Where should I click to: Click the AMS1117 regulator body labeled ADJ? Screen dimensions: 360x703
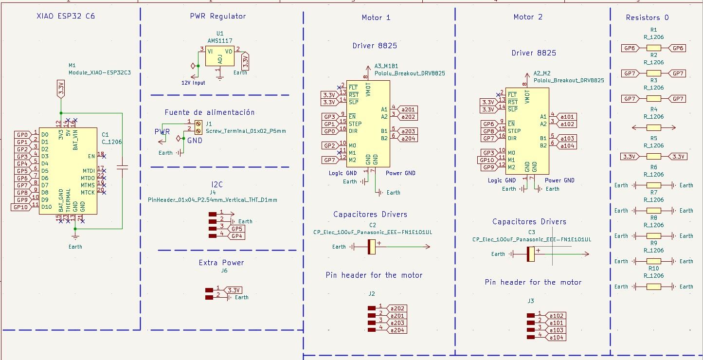pos(219,57)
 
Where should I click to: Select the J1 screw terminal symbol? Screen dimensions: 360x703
pos(198,127)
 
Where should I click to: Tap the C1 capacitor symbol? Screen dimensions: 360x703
pos(123,167)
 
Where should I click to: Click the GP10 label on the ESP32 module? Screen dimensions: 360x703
pos(20,207)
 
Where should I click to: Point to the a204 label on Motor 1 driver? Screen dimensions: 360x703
pos(409,139)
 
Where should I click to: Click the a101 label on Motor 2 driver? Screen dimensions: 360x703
pos(567,117)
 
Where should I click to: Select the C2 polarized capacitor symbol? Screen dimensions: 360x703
pos(372,247)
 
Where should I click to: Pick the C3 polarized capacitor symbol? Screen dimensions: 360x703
pos(531,254)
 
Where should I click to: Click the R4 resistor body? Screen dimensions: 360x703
pos(654,128)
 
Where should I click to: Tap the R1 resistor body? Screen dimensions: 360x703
pos(654,48)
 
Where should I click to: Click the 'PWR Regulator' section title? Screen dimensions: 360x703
pos(217,17)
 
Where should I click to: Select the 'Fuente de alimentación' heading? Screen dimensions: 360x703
pos(209,112)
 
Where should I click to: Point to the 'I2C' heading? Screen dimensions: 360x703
pos(217,184)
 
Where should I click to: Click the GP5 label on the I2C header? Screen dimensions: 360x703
pos(237,229)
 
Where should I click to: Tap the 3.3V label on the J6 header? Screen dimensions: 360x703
pos(234,290)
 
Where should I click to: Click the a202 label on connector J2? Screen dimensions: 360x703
pos(397,308)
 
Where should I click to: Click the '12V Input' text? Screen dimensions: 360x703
pos(193,83)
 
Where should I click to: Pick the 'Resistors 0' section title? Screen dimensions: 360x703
pos(647,18)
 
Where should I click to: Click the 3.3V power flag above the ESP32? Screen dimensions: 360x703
pos(61,89)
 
